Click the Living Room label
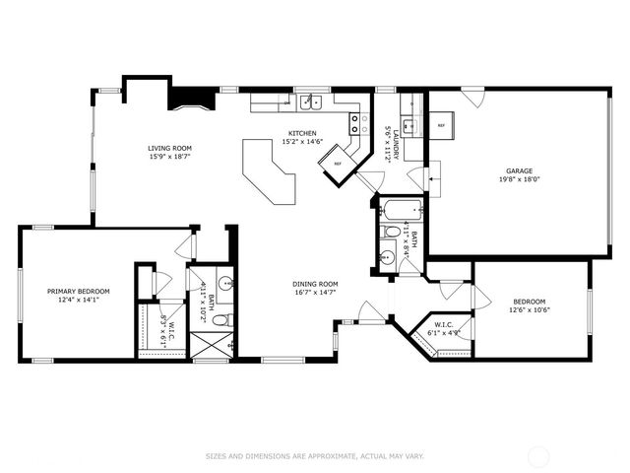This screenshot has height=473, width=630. (x=170, y=147)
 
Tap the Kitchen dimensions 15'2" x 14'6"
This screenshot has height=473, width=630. (x=303, y=142)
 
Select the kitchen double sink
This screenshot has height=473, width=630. (x=310, y=101)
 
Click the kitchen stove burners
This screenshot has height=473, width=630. (x=354, y=123)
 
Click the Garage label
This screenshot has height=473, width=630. (x=520, y=171)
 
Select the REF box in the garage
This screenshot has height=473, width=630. (x=441, y=126)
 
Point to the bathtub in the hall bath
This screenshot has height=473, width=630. (x=401, y=209)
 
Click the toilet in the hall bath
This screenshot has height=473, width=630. (x=393, y=232)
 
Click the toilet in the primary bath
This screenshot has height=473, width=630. (x=221, y=318)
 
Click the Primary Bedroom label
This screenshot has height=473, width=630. (x=79, y=291)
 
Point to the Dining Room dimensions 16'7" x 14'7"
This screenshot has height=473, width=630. (x=315, y=293)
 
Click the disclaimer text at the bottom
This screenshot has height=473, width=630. (x=315, y=455)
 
